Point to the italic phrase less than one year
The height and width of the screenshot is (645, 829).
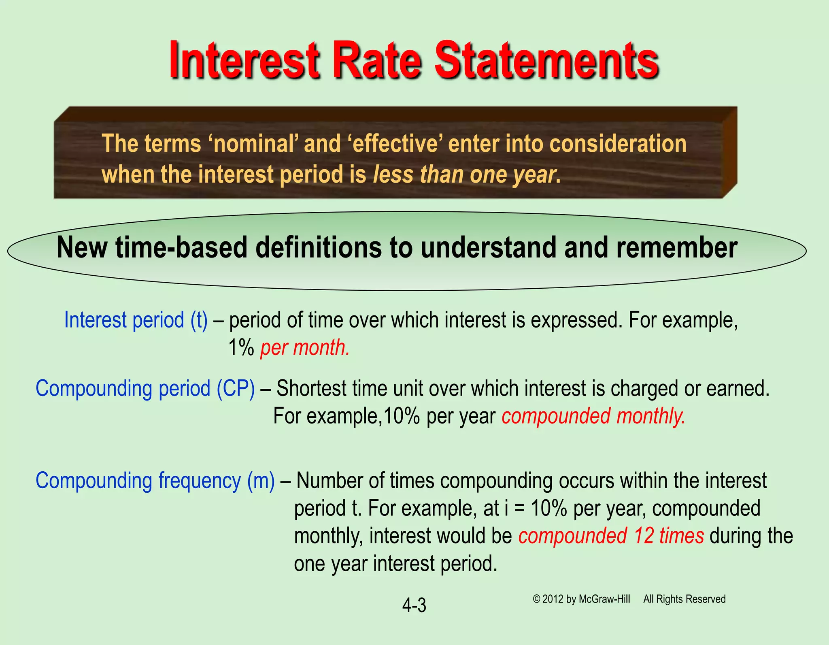[x=464, y=175]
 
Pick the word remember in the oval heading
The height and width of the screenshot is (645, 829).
[x=677, y=247]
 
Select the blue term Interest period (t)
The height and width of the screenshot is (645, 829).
[x=136, y=320]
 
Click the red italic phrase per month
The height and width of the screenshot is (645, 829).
[x=305, y=347]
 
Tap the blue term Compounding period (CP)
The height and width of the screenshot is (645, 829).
[x=145, y=389]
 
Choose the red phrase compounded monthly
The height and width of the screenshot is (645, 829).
[x=593, y=416]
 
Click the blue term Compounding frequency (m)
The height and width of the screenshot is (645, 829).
[x=155, y=481]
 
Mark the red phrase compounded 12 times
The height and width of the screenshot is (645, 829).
[x=611, y=536]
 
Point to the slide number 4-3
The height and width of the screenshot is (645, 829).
[x=414, y=605]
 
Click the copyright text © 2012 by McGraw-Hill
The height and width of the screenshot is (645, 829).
[x=581, y=599]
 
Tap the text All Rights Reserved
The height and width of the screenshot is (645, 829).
[x=684, y=599]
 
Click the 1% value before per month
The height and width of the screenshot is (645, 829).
[x=241, y=347]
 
